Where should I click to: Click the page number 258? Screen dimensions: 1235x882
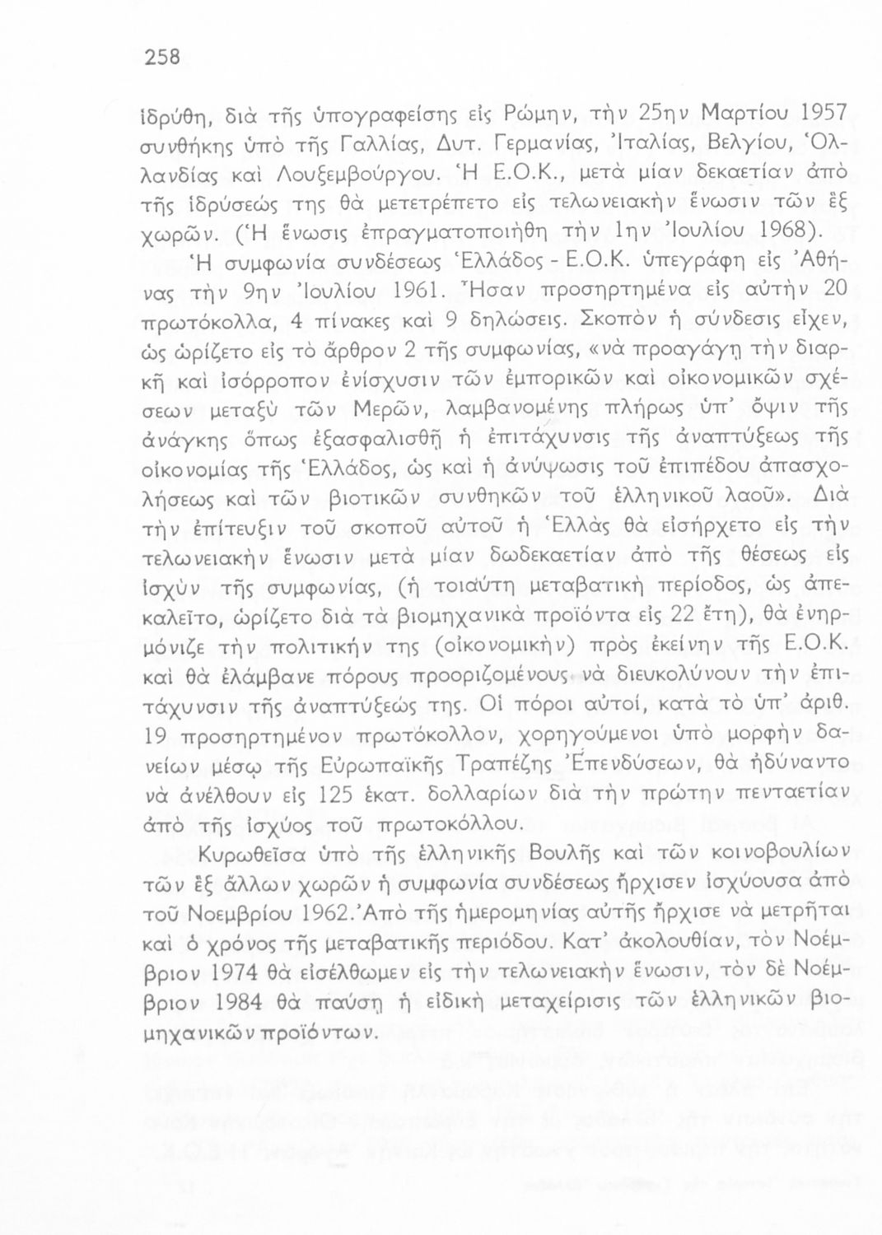(161, 57)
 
